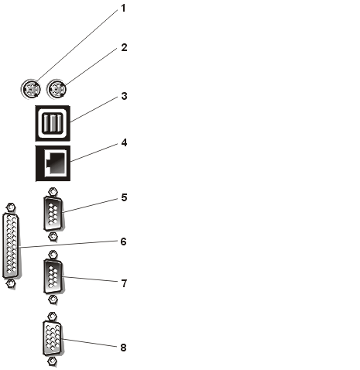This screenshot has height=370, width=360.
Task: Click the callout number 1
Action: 123,9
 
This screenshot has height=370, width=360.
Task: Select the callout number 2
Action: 124,47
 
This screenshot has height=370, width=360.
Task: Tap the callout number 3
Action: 124,96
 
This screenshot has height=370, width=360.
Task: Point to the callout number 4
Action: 124,142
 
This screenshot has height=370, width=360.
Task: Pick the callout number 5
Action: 124,197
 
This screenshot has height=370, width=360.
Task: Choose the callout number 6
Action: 124,242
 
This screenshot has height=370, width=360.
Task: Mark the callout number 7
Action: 124,283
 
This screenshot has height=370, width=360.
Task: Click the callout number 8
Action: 124,348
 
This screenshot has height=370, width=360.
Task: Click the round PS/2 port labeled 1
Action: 31,89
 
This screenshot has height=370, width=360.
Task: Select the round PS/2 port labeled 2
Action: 57,89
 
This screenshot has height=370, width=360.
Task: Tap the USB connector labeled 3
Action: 53,123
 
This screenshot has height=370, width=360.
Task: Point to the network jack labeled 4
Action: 53,163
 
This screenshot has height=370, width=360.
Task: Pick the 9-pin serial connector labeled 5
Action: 53,214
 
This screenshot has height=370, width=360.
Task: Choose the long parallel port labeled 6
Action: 11,245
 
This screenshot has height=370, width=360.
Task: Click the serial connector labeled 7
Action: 53,276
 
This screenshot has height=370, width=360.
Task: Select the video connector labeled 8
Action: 53,339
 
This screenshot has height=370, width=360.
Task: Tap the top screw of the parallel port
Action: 10,207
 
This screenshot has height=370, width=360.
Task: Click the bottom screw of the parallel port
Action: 10,283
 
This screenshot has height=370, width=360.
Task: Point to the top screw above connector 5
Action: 53,192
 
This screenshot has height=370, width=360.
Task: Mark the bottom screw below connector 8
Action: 53,361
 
